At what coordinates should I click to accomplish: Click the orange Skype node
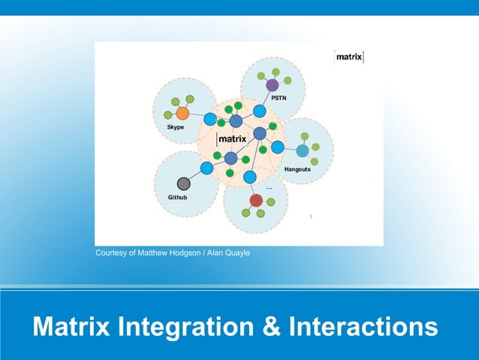point(182,113)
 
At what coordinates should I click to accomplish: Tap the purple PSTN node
point(273,85)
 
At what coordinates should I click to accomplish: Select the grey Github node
point(183,183)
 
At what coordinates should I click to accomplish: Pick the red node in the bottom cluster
point(256,200)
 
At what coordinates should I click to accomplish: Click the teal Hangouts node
point(303,150)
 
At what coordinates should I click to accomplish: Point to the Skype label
point(175,128)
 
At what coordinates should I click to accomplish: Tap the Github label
point(177,198)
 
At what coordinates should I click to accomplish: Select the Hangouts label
point(297,170)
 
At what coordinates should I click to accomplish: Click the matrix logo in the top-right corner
point(349,57)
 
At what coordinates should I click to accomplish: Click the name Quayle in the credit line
point(236,253)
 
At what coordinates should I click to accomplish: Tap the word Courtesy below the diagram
point(112,253)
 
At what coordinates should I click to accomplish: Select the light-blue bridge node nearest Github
point(206,167)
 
